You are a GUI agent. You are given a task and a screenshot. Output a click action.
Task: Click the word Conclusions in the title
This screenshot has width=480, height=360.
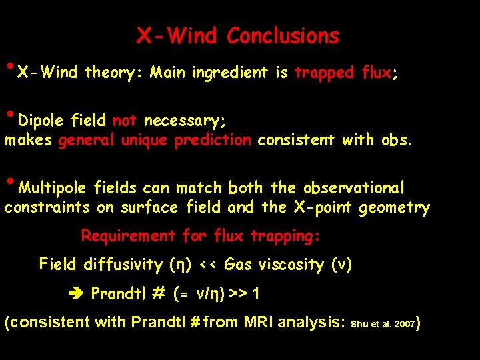(283, 35)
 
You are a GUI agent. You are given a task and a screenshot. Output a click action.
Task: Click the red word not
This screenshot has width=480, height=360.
(125, 121)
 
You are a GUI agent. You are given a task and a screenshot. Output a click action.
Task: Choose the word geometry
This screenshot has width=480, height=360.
(394, 208)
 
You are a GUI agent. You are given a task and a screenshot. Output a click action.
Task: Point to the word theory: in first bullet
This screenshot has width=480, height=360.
(114, 73)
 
